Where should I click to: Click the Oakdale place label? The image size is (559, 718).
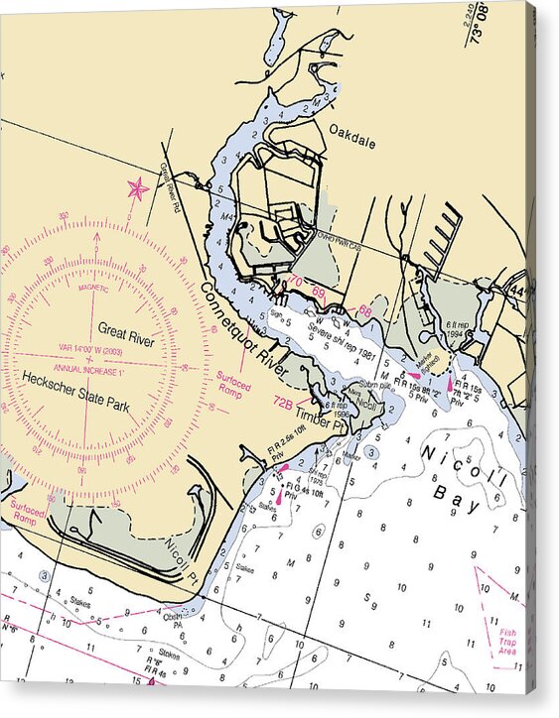[352, 142]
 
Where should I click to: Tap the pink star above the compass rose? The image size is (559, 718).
[137, 187]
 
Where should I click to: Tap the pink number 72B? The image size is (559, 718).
[283, 404]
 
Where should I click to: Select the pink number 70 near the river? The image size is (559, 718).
[296, 282]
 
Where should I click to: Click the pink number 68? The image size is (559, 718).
[365, 310]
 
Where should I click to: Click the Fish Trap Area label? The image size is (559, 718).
[506, 641]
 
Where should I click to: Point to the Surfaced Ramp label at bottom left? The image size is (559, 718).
[28, 512]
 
